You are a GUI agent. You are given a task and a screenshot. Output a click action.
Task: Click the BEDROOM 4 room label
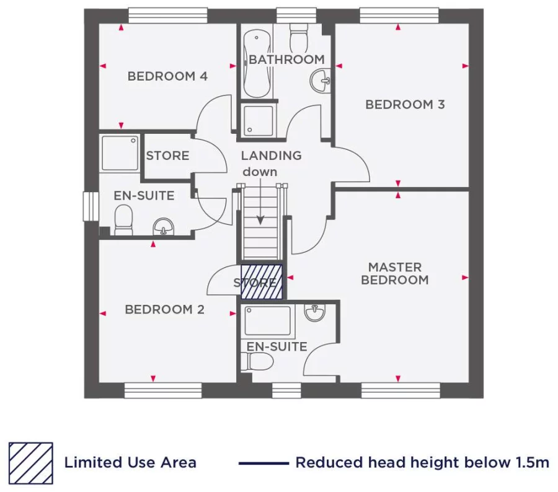tap(167, 76)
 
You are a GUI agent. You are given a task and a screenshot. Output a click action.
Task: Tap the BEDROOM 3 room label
tap(405, 104)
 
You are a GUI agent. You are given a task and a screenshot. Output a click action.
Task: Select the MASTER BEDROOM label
tap(395, 273)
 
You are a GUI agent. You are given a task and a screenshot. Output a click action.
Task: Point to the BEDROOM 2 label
tap(164, 309)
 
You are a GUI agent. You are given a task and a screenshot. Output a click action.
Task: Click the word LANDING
tap(271, 156)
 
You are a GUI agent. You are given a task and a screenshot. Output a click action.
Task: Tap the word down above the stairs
tap(260, 171)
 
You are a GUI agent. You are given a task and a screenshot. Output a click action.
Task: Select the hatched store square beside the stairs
tap(262, 282)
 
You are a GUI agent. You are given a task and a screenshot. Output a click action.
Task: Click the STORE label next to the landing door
tap(167, 156)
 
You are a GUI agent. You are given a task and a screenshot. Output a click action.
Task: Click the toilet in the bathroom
tap(299, 38)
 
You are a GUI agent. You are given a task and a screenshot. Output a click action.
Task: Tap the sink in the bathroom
tap(322, 79)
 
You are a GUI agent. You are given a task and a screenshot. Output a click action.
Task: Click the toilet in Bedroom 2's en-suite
tap(123, 221)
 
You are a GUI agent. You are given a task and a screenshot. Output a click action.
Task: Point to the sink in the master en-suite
tap(316, 313)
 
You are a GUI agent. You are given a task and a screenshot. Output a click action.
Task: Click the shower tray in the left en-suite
tap(120, 153)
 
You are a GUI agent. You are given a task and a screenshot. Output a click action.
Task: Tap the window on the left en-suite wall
tap(91, 206)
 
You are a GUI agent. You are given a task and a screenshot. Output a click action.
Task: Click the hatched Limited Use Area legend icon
tap(30, 463)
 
